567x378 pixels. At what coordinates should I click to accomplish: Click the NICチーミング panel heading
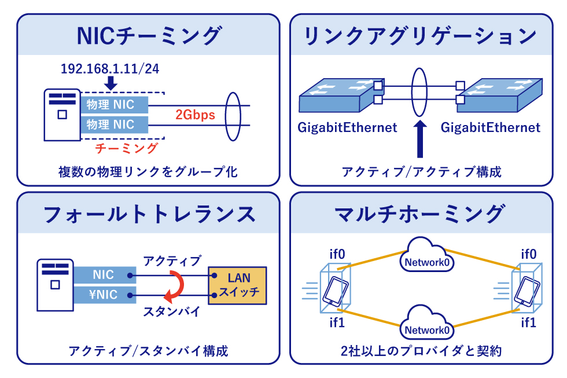pos(149,35)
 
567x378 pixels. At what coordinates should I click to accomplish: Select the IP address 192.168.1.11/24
pos(110,69)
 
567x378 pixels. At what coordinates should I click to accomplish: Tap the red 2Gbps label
pos(195,115)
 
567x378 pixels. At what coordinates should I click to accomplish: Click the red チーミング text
pos(126,148)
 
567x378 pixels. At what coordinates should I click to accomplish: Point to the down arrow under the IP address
pos(112,84)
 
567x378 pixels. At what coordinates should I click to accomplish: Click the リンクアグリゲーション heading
pos(421,35)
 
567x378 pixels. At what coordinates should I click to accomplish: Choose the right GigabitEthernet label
pos(490,127)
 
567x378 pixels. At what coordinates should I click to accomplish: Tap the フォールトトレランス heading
pos(149,214)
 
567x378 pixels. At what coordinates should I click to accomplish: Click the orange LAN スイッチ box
pos(238,285)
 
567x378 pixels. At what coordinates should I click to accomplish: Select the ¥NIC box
pos(104,295)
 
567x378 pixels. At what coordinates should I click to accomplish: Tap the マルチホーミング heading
pos(421,214)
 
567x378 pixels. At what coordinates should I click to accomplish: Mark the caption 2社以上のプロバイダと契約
pos(421,351)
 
